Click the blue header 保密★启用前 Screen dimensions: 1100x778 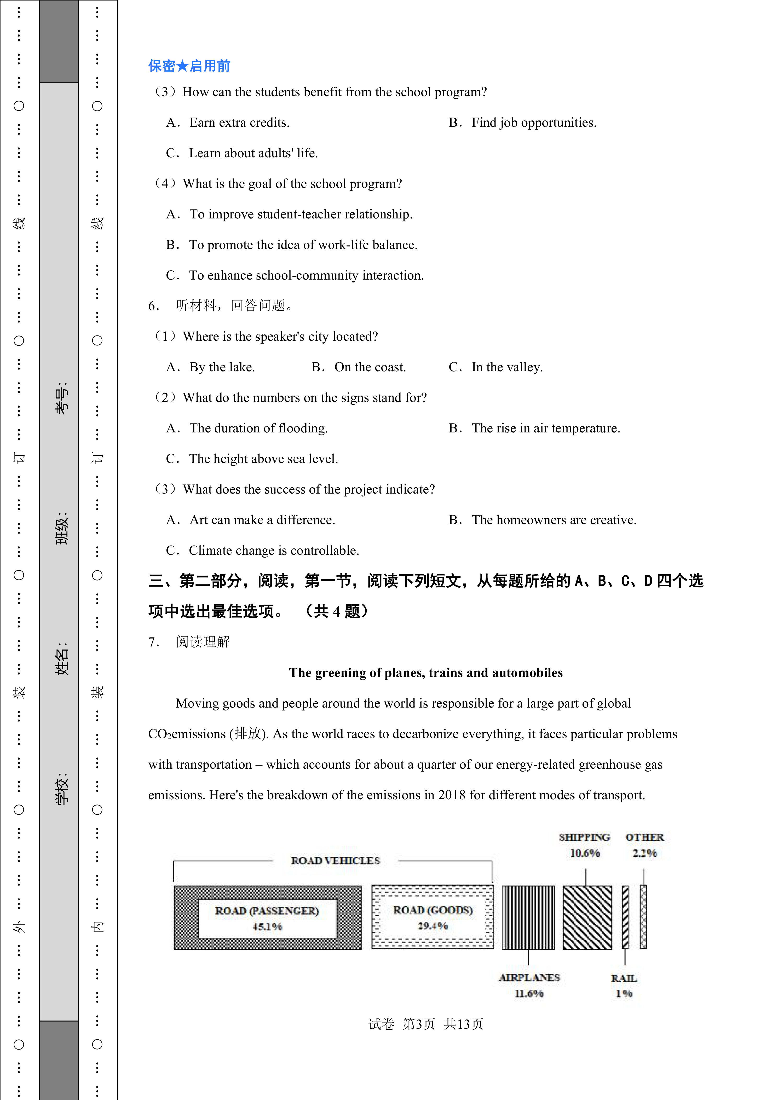pos(189,66)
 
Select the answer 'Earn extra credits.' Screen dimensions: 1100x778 pos(239,123)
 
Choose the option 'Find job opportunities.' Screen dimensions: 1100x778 pos(534,123)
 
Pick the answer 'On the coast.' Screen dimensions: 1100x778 pos(370,367)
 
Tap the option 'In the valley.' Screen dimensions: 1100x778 pos(507,367)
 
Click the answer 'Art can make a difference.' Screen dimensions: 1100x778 pos(262,520)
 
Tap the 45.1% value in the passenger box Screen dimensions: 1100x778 pos(267,927)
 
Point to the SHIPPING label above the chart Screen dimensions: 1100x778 pos(584,837)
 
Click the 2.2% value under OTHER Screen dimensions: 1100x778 pos(644,853)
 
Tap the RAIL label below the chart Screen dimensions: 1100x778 pos(624,978)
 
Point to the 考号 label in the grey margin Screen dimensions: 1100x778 pos(62,398)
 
